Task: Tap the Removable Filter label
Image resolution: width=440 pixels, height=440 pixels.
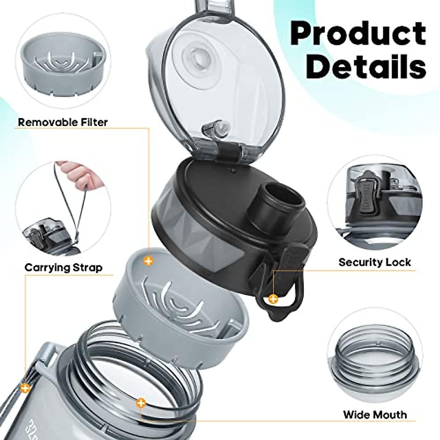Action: pos(63,122)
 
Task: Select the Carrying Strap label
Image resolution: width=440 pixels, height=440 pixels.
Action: pos(63,267)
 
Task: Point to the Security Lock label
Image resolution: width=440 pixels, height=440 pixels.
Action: pos(374,262)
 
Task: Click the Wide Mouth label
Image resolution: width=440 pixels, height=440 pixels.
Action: pos(375,414)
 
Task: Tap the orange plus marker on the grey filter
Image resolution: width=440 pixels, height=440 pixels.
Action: pos(148,261)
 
